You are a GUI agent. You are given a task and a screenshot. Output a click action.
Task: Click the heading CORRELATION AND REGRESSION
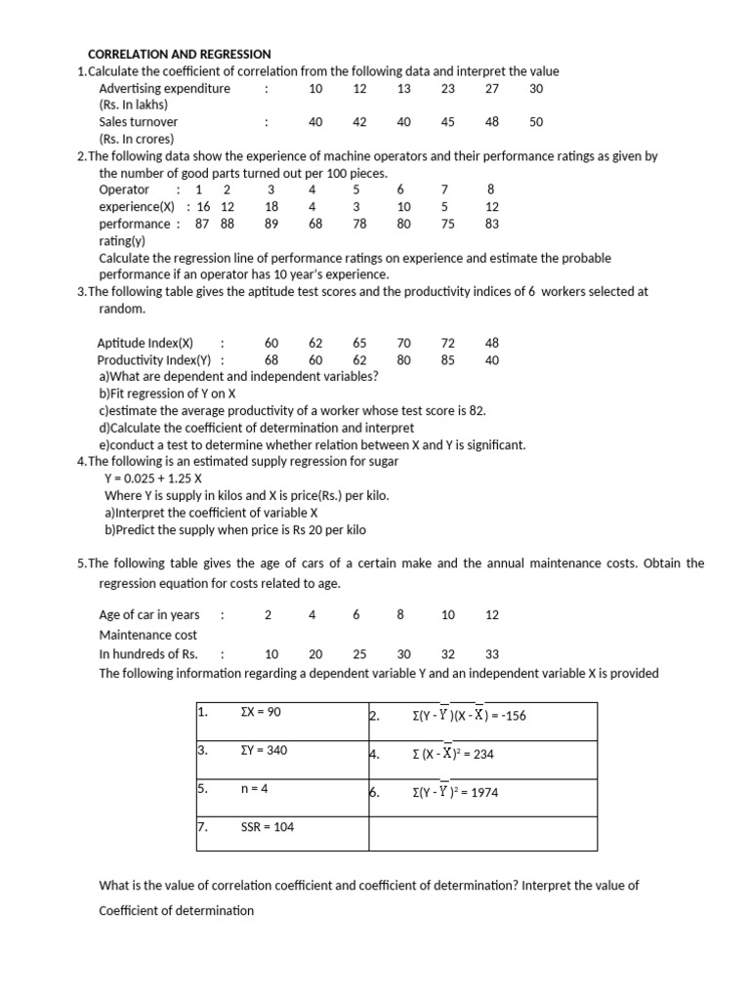pos(180,54)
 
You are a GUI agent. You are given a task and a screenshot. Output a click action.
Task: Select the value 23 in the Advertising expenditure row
pos(448,89)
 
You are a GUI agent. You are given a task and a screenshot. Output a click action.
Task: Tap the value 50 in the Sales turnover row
pos(536,122)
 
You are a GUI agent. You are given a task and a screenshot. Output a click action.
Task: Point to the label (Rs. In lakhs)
pos(134,105)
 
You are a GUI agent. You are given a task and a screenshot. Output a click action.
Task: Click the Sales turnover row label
pos(139,122)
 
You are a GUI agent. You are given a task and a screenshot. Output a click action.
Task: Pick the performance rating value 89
pos(271,224)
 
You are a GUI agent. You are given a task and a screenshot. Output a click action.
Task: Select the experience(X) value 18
pos(271,207)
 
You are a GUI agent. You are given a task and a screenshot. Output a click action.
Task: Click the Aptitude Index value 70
pos(404,344)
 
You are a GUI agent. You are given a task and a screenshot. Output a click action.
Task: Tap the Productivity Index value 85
pos(448,360)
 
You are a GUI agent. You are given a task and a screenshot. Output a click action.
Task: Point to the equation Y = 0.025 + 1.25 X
pos(153,479)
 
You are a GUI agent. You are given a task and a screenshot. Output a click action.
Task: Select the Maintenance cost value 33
pos(492,654)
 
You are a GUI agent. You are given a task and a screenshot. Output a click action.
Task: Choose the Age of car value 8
pos(400,615)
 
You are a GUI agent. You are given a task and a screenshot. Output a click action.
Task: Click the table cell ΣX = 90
pos(261,713)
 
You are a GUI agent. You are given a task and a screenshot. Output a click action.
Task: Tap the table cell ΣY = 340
pos(264,751)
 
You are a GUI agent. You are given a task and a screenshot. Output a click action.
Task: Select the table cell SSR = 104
pos(267,827)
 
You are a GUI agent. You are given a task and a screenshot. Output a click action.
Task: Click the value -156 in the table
pos(509,716)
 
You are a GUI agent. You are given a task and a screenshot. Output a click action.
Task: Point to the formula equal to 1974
pos(455,793)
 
